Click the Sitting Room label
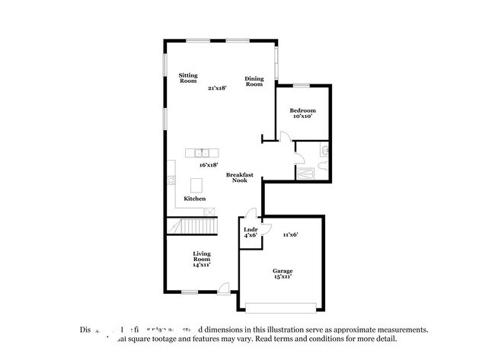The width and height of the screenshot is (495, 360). pos(188,78)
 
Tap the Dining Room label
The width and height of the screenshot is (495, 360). pos(254,81)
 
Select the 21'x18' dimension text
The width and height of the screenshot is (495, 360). pos(218,88)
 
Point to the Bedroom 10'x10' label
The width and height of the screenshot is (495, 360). pos(302,114)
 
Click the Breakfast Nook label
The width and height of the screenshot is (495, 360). pos(240,177)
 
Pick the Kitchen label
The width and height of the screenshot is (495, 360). pos(194,199)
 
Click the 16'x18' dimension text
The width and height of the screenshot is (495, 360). pos(209,164)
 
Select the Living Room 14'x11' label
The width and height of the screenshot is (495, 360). pos(201,259)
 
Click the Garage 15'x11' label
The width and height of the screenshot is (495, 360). pos(283,274)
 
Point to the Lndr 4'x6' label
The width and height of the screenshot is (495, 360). pos(251,232)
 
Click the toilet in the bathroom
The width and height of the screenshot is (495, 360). pos(324,151)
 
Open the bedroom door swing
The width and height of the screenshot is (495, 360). pos(284,137)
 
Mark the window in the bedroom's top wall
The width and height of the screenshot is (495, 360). pos(302,84)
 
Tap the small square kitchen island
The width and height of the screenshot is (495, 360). pos(197,184)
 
